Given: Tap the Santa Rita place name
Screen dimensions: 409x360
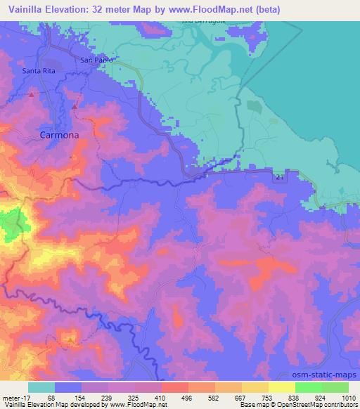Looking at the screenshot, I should (x=39, y=72).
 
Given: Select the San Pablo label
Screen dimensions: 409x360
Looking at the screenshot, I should (x=96, y=60).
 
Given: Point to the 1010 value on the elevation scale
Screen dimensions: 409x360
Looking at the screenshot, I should (x=340, y=398).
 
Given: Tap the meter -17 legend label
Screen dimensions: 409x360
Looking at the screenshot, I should (x=13, y=398).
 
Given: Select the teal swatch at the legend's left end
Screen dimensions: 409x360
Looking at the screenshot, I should (x=41, y=387).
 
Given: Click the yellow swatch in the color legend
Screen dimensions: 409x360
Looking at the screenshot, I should (x=282, y=387).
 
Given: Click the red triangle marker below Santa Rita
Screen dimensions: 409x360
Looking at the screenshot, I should (x=31, y=93).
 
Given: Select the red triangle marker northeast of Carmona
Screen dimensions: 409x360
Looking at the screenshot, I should (x=75, y=105).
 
